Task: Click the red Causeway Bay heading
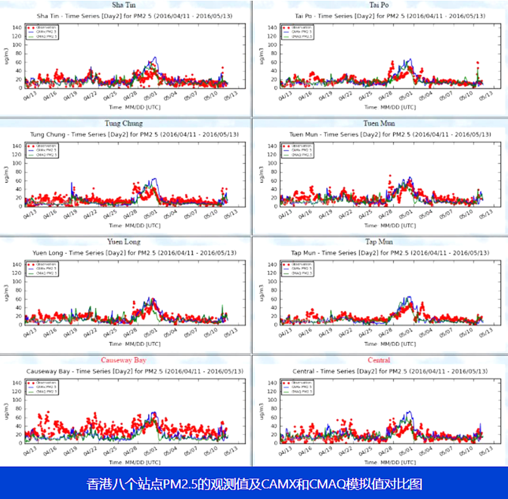(123, 359)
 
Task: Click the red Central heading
(379, 359)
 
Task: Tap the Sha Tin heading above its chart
(123, 5)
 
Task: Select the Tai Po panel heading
(379, 5)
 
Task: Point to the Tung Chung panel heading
(123, 123)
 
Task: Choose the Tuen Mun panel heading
(379, 123)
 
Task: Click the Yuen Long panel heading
(123, 241)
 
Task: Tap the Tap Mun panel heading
(379, 241)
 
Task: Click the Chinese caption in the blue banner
(254, 484)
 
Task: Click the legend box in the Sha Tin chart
(43, 31)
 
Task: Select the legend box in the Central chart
(298, 386)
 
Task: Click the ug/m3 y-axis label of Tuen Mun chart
(261, 175)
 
